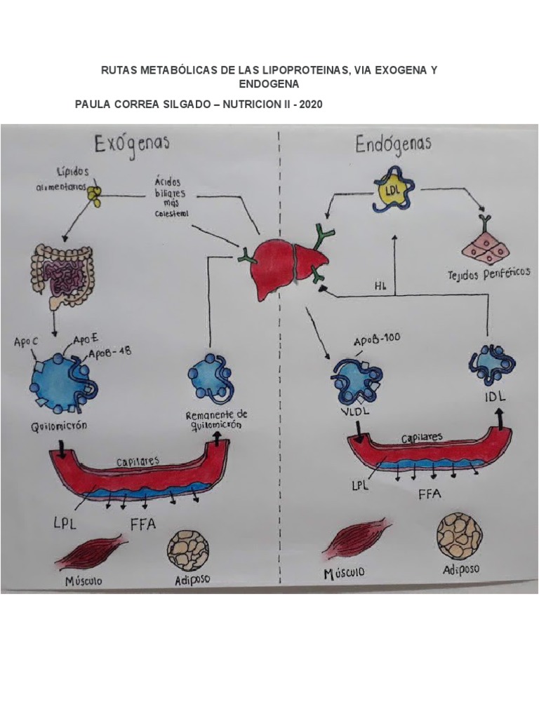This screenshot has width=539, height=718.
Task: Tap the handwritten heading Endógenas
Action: (x=393, y=145)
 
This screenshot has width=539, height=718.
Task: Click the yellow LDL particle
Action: (x=392, y=190)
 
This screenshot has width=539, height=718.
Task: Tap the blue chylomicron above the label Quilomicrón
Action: (x=62, y=379)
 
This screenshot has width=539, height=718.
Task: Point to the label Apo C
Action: (x=27, y=342)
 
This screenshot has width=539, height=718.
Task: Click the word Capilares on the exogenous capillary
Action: (x=138, y=461)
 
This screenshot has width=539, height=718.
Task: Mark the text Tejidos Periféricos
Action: (x=488, y=273)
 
